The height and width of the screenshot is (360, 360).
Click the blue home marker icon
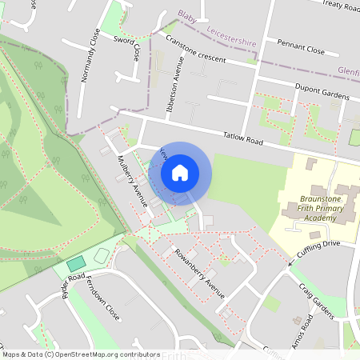click(180, 173)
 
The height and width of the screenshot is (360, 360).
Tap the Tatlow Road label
click(244, 140)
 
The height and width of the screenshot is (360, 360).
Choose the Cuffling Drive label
click(318, 248)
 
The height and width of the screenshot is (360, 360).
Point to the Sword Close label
click(127, 47)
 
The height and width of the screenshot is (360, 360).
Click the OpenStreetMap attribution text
click(81, 354)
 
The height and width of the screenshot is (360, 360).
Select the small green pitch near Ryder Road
click(76, 263)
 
